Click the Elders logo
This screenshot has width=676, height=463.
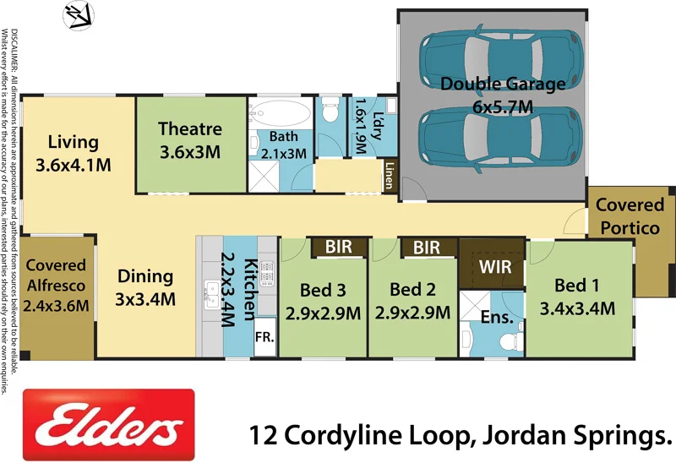[108, 426]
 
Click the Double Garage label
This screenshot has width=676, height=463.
[503, 84]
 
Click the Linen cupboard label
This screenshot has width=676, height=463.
[390, 176]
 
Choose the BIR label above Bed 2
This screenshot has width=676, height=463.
[427, 248]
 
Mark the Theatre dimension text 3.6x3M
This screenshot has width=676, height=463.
[189, 152]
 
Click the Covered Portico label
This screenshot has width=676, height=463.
[630, 216]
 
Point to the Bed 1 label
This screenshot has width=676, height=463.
[582, 285]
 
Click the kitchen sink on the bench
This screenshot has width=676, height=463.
[210, 293]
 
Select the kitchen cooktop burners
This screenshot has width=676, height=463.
[267, 272]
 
